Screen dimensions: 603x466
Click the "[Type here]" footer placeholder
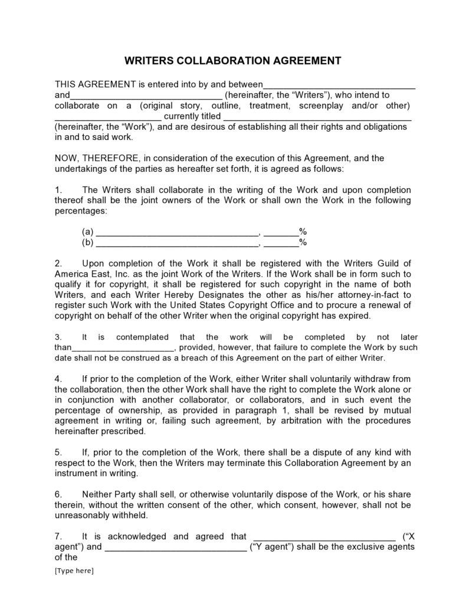(x=74, y=571)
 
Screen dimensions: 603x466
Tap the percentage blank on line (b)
(x=281, y=242)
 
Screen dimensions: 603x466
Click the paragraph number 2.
(x=58, y=263)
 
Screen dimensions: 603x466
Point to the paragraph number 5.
(x=58, y=452)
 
